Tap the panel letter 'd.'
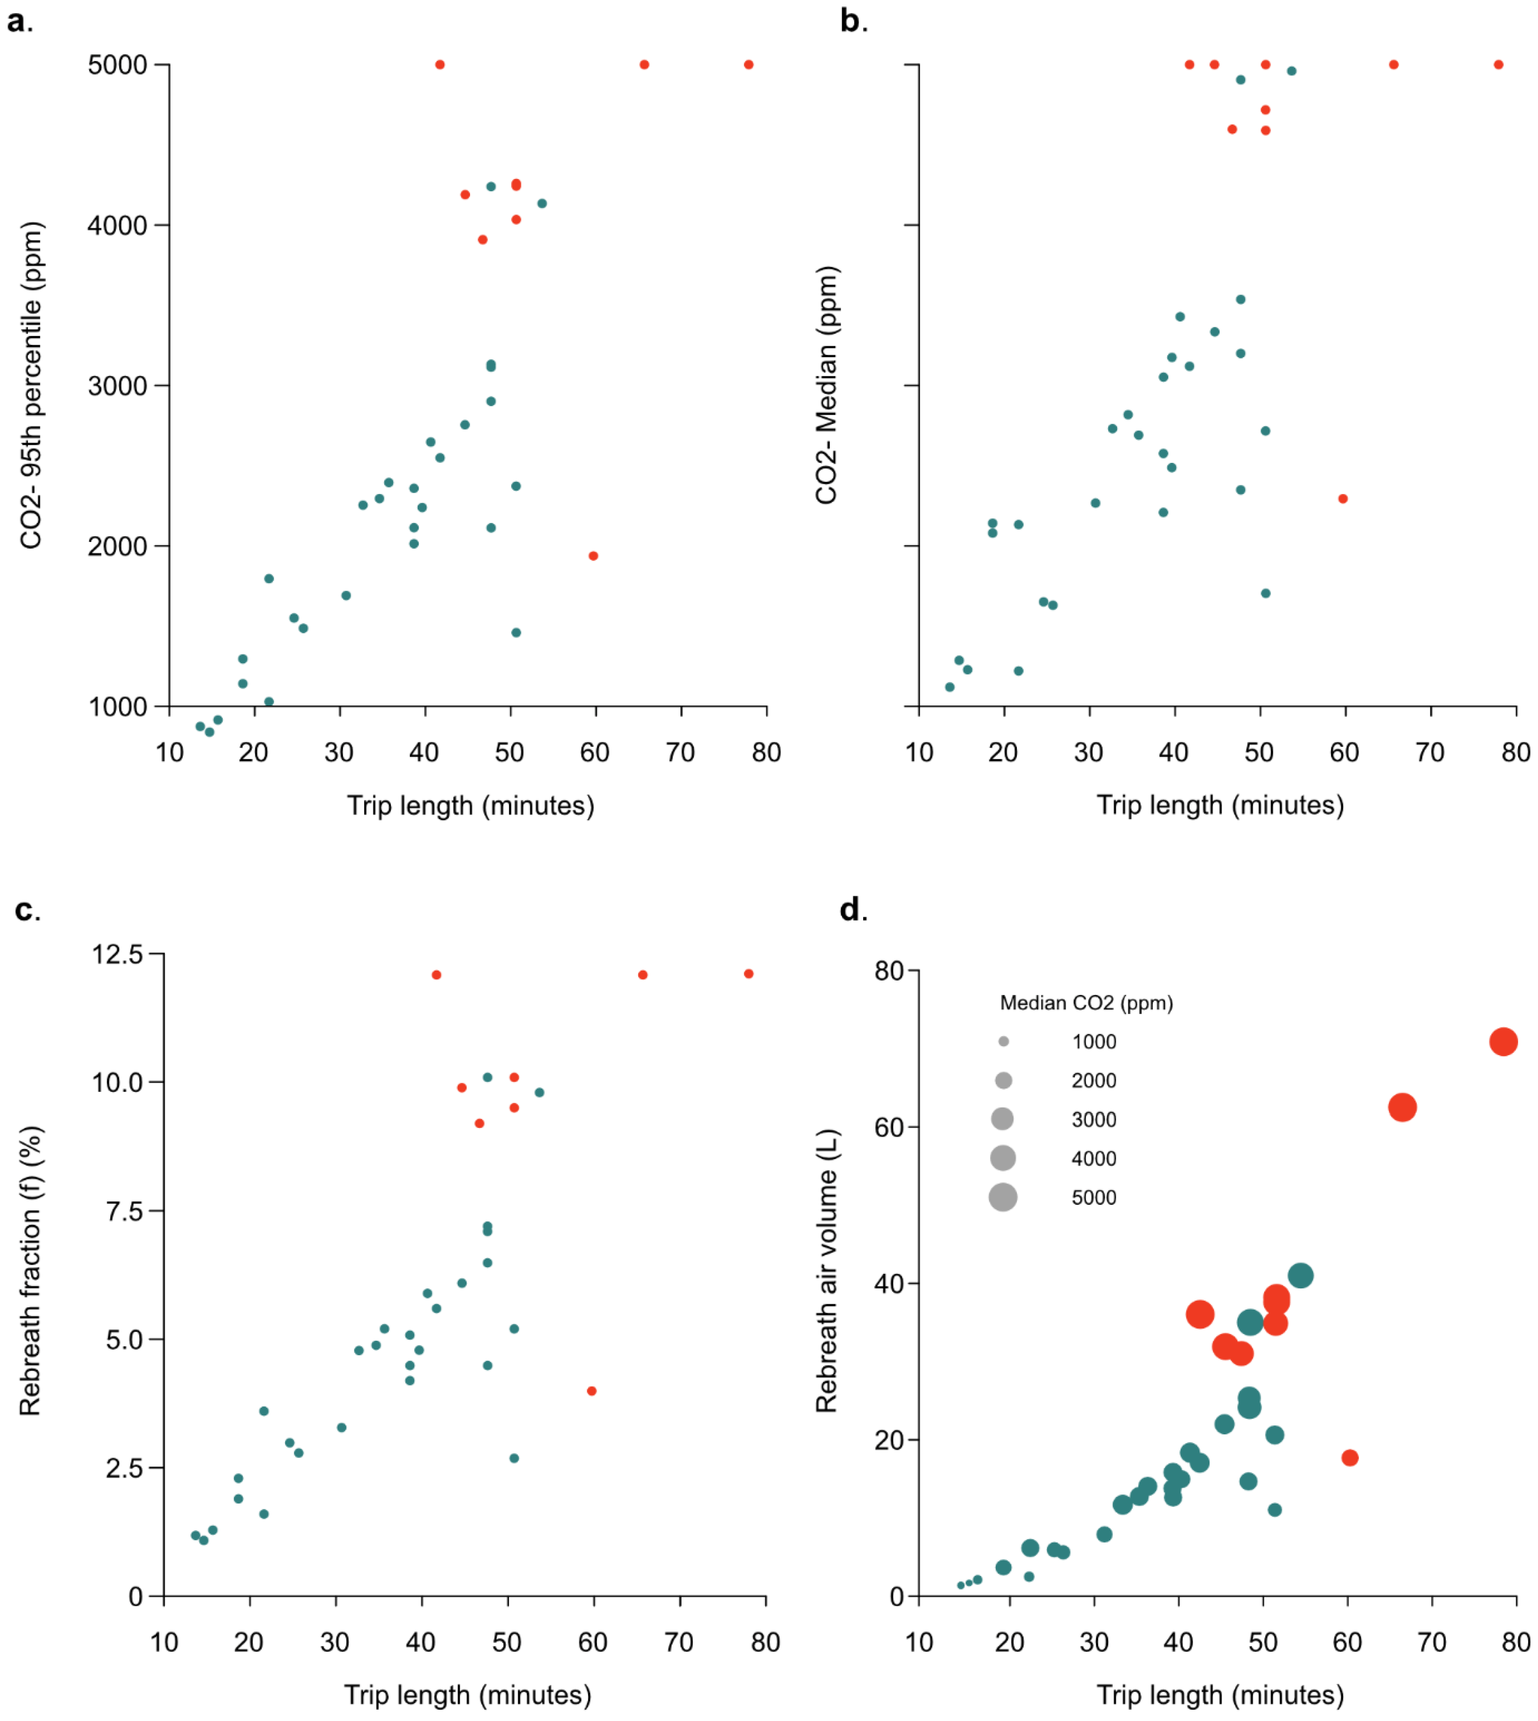coord(853,910)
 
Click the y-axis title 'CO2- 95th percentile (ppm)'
coord(31,386)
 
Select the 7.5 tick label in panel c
coord(124,1211)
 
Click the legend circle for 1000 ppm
coord(1003,1042)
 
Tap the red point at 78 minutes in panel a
coord(748,65)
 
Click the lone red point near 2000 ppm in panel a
coord(593,556)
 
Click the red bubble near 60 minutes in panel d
coord(1350,1457)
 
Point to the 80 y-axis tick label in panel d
coord(889,971)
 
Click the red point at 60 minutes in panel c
coord(592,1391)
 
